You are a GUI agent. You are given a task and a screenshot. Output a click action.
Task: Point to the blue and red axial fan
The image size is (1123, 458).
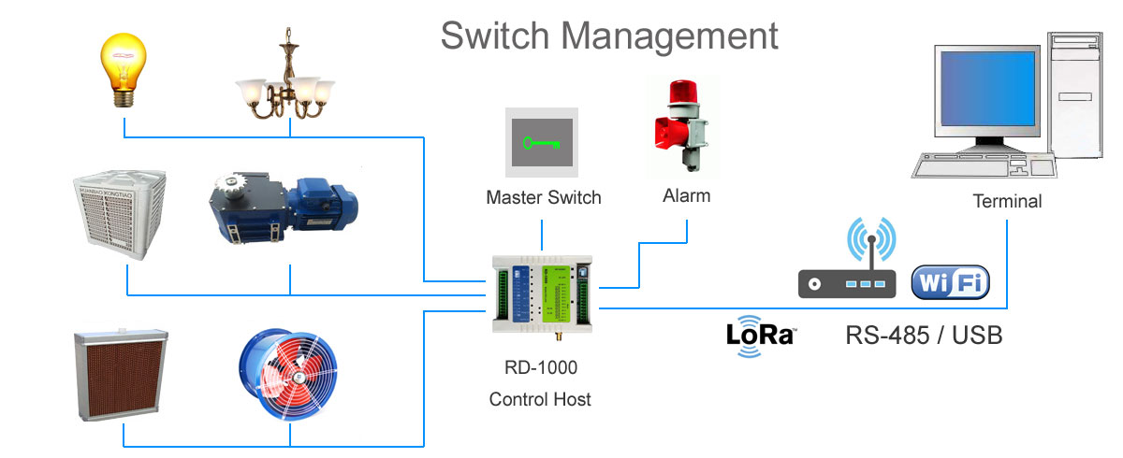click(x=291, y=374)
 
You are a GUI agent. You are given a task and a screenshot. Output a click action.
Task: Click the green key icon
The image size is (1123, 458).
click(x=543, y=143)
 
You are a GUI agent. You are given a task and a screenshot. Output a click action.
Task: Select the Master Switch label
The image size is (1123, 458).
click(x=544, y=198)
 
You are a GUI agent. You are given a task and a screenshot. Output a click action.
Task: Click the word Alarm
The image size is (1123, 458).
click(x=686, y=196)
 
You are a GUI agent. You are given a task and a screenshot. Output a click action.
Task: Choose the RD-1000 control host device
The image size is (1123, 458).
click(x=541, y=295)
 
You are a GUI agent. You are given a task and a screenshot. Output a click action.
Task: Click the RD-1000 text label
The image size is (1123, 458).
click(x=540, y=367)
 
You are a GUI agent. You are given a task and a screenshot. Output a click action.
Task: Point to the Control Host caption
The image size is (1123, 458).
click(x=540, y=399)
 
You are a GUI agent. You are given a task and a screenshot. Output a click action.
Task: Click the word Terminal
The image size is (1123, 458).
click(x=1007, y=201)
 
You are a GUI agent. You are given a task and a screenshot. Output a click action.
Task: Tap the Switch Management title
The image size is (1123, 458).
click(x=609, y=36)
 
